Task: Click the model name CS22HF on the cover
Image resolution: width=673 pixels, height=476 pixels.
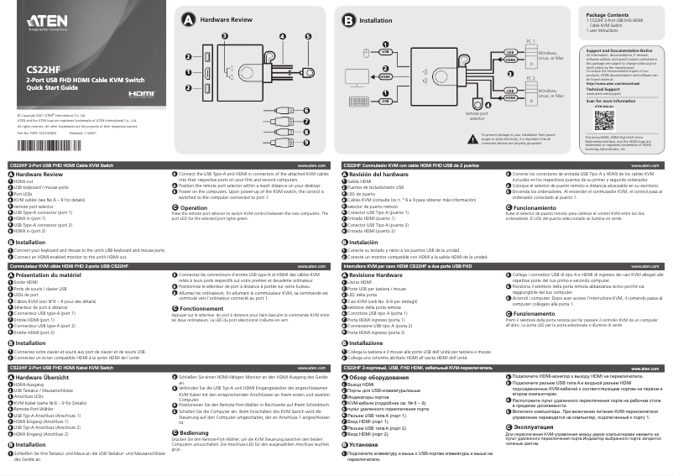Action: point(43,70)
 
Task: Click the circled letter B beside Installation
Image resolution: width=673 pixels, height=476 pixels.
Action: point(348,18)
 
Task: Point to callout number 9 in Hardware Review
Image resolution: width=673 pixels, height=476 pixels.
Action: point(308,144)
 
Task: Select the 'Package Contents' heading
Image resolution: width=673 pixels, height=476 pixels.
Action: point(607,15)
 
